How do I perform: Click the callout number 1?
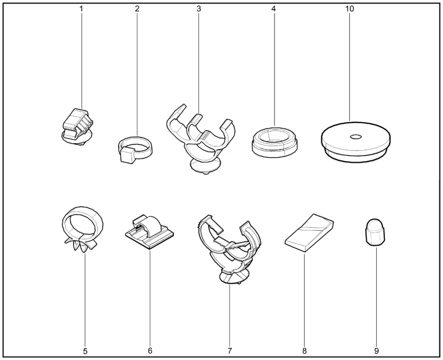pyautogui.click(x=81, y=9)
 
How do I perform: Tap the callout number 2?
pyautogui.click(x=138, y=9)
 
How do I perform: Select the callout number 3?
pyautogui.click(x=199, y=9)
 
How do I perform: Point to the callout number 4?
pyautogui.click(x=273, y=9)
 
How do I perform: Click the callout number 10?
pyautogui.click(x=349, y=9)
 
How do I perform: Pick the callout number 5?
pyautogui.click(x=85, y=351)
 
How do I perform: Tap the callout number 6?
pyautogui.click(x=150, y=351)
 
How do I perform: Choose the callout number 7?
pyautogui.click(x=230, y=351)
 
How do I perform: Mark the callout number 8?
pyautogui.click(x=304, y=351)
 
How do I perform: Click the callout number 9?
pyautogui.click(x=376, y=351)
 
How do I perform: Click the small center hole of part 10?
pyautogui.click(x=356, y=137)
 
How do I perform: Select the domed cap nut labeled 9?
pyautogui.click(x=371, y=232)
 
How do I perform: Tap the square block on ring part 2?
pyautogui.click(x=127, y=155)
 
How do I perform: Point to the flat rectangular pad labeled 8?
pyautogui.click(x=309, y=232)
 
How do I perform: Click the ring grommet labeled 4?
pyautogui.click(x=274, y=141)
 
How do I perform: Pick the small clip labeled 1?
pyautogui.click(x=78, y=127)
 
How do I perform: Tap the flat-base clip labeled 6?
pyautogui.click(x=149, y=232)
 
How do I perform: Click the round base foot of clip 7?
pyautogui.click(x=234, y=276)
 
